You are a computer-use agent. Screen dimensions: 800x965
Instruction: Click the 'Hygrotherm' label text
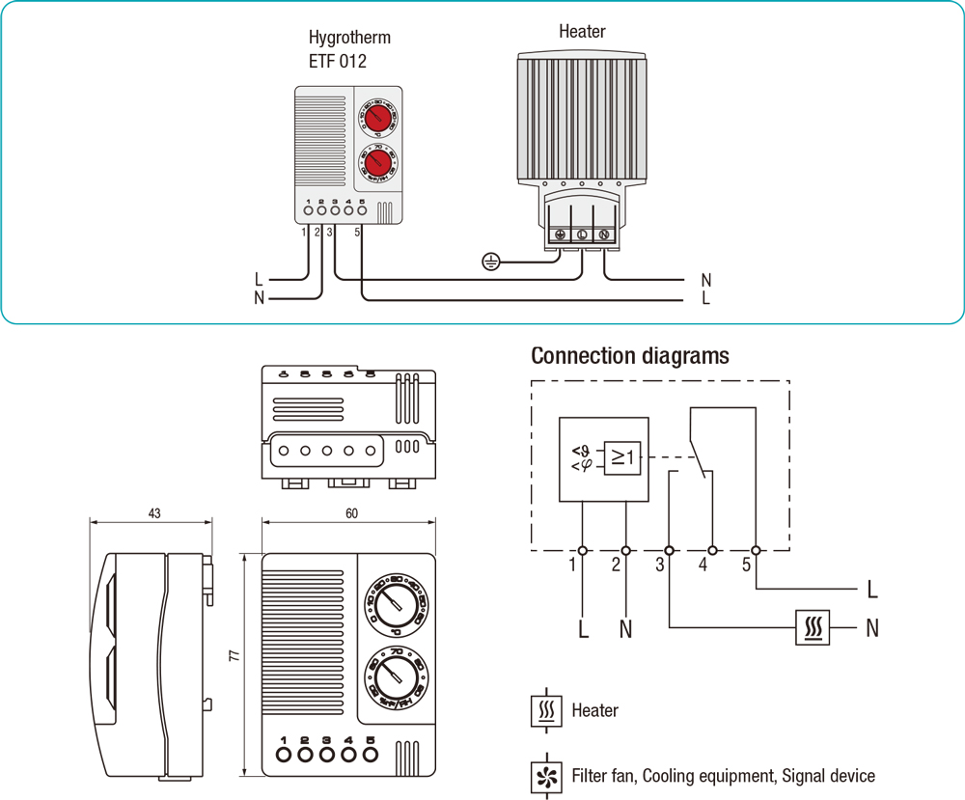coord(349,39)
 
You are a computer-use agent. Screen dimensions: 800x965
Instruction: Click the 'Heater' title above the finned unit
coord(582,31)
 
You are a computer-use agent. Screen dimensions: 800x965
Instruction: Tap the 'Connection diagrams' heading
coord(630,356)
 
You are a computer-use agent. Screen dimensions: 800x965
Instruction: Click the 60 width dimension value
coord(350,513)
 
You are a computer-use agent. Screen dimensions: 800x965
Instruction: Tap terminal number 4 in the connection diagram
coord(703,566)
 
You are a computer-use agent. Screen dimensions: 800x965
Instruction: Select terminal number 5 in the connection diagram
coord(746,566)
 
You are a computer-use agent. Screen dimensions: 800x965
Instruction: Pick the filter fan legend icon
coord(546,776)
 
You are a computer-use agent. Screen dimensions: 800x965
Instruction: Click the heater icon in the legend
coord(546,711)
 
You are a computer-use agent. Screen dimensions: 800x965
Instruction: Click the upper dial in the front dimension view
coord(393,605)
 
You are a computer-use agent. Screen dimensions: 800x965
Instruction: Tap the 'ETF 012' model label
coord(337,61)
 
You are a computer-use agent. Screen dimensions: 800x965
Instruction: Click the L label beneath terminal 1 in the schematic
coord(583,630)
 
